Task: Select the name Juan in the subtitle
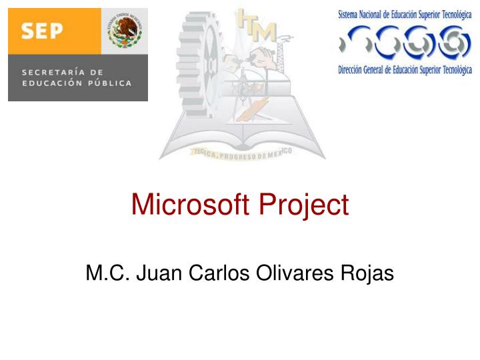click(x=159, y=273)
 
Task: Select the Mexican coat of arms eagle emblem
click(x=125, y=31)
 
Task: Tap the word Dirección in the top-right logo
click(x=353, y=70)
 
